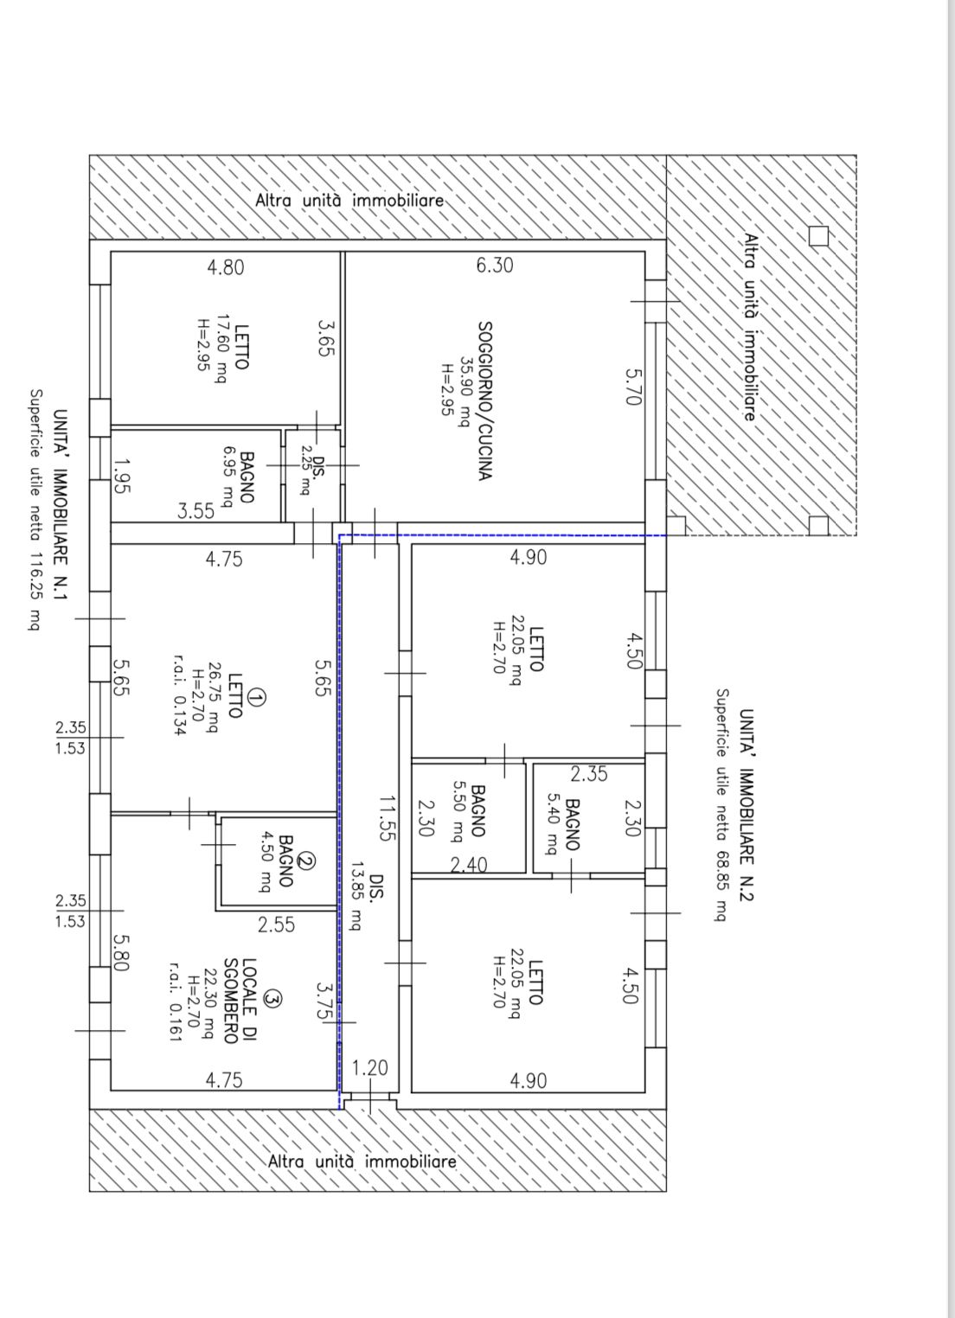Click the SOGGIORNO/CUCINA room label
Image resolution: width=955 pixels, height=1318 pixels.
tap(485, 400)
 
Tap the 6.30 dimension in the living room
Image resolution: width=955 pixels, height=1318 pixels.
tap(494, 266)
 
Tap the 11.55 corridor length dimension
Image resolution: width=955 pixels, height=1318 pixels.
tap(384, 818)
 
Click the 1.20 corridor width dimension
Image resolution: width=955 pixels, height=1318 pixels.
tap(370, 1067)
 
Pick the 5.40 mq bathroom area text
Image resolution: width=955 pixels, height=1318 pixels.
tap(554, 823)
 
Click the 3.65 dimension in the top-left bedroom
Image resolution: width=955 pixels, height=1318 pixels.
tap(327, 337)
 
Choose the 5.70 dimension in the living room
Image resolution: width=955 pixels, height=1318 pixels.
tap(633, 387)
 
